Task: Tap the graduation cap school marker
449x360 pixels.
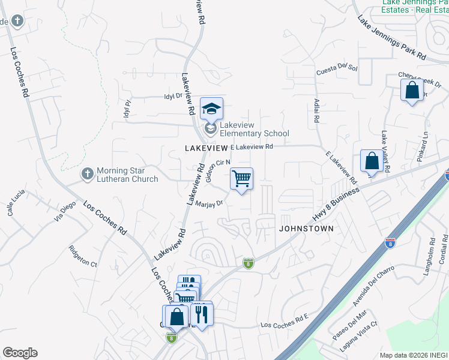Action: pos(211,109)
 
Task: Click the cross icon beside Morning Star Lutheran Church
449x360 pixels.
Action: pos(88,173)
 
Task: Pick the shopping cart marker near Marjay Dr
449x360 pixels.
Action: pos(241,178)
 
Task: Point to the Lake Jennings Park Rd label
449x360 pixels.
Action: pos(391,37)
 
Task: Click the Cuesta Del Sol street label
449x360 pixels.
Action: pos(337,70)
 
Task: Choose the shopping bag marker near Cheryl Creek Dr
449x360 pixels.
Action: pos(412,90)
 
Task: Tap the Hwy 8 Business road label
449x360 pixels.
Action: pos(336,204)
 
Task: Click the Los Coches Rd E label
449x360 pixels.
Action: pos(284,325)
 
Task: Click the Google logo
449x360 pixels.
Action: pos(20,353)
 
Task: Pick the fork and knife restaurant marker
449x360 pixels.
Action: pos(202,313)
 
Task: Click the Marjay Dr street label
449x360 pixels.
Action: pos(210,203)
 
